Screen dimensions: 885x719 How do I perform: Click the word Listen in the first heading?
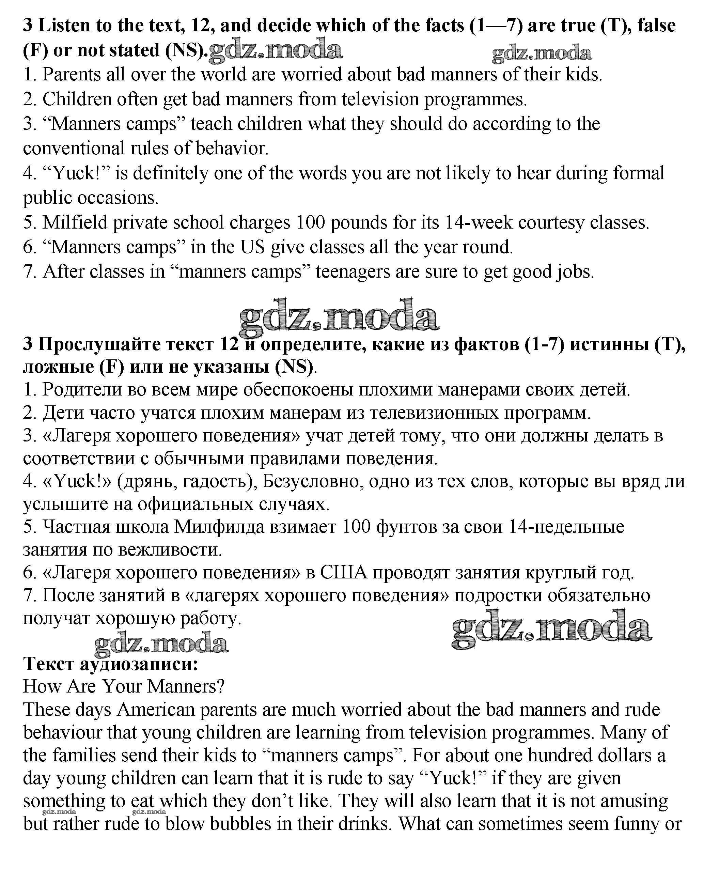pos(64,26)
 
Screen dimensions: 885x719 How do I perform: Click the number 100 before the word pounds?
pos(311,222)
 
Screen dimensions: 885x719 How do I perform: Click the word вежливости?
pos(170,549)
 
